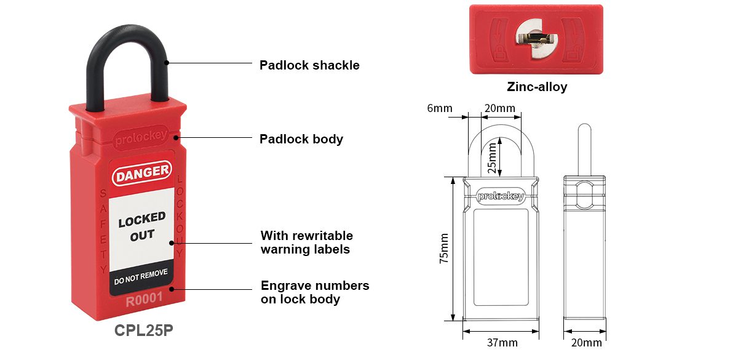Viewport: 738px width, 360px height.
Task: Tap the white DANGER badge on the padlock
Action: [142, 173]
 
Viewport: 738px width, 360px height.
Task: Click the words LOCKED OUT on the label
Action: [142, 226]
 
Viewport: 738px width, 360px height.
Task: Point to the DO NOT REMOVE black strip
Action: [141, 277]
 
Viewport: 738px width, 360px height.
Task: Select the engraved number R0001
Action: [145, 299]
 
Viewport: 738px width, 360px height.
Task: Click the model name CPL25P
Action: [144, 330]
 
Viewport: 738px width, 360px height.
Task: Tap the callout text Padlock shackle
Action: [309, 65]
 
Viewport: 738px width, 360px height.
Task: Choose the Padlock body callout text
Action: [301, 139]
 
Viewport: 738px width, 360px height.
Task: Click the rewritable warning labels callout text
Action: [306, 242]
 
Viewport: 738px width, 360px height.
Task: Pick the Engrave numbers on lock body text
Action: [315, 292]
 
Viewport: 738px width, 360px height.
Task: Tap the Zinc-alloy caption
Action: [537, 87]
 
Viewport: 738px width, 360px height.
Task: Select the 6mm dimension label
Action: [440, 108]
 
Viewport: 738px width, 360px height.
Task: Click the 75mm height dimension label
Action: [444, 248]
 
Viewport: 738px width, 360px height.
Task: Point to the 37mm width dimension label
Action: [502, 343]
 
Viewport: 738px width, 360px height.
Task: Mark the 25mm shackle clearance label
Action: [492, 158]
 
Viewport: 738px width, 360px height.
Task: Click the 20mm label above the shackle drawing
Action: [500, 108]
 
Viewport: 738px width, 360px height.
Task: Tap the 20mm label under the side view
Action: [587, 343]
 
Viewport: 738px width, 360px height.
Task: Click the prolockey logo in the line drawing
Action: [501, 196]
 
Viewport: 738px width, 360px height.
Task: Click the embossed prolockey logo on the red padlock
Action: [141, 138]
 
